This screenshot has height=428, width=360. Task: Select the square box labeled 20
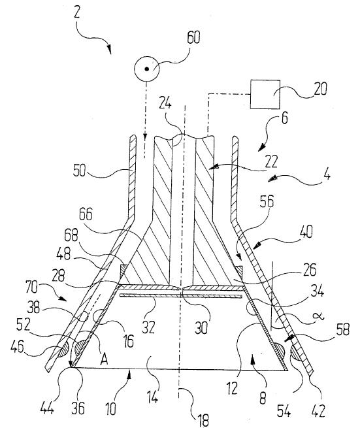coord(265,94)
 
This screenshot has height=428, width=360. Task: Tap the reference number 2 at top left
coord(77,12)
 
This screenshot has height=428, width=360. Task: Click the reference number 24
coord(165,103)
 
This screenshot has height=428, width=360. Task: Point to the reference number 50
coord(79,171)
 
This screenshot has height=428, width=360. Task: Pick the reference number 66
coord(86,214)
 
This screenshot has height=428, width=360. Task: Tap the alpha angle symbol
coord(319,316)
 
